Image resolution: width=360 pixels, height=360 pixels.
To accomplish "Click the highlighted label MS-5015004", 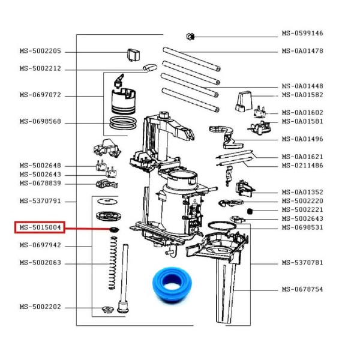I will click(x=40, y=228).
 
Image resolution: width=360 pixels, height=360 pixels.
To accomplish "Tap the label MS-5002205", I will click(x=40, y=51).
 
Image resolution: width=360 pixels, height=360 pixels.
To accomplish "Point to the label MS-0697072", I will click(x=40, y=95).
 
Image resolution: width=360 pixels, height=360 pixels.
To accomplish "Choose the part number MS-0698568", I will click(x=40, y=122).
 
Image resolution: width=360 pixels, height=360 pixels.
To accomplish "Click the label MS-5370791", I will click(x=40, y=201).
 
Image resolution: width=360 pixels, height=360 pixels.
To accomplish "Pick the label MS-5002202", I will click(x=40, y=307).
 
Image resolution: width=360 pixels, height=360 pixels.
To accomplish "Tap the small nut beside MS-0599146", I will click(x=190, y=36).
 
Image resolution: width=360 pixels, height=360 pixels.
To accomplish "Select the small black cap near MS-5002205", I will click(x=133, y=54).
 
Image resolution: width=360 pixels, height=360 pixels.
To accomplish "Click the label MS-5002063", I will click(x=40, y=263).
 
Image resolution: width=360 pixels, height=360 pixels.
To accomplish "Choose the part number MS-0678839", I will click(x=40, y=183).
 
